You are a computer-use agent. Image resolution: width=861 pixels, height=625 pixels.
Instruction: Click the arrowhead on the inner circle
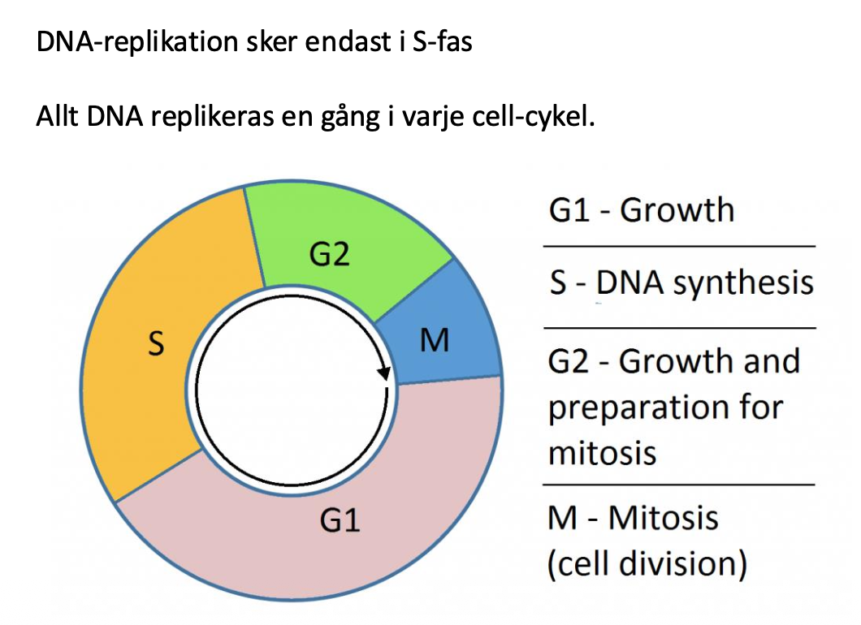click(x=385, y=374)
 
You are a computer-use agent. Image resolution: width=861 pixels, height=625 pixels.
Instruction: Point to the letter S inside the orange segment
click(x=154, y=344)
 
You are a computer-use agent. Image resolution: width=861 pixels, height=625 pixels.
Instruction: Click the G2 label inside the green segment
click(x=329, y=255)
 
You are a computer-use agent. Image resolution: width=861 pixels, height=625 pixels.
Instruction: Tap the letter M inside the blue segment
click(x=435, y=342)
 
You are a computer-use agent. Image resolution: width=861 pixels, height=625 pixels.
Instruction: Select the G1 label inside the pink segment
click(x=340, y=519)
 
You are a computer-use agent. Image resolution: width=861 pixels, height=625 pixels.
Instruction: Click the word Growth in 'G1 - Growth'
click(x=677, y=210)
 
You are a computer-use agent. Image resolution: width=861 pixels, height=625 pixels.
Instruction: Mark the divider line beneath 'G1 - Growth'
click(x=678, y=245)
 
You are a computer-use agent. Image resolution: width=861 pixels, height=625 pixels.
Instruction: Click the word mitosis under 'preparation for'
click(x=602, y=451)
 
